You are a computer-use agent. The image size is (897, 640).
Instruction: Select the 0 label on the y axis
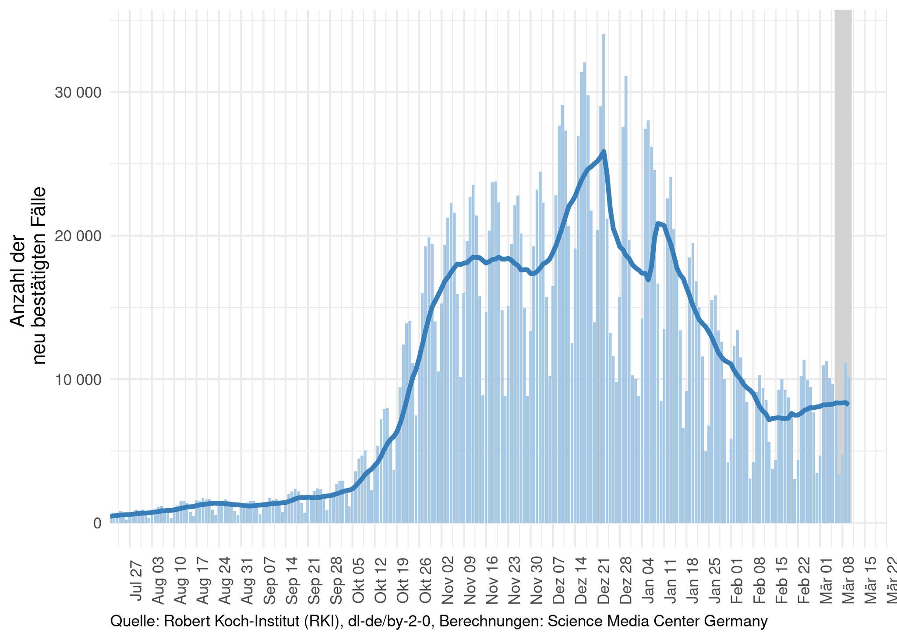97,523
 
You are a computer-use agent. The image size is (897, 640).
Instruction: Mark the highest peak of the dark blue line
604,151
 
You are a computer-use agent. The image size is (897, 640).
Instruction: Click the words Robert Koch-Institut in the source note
232,622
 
